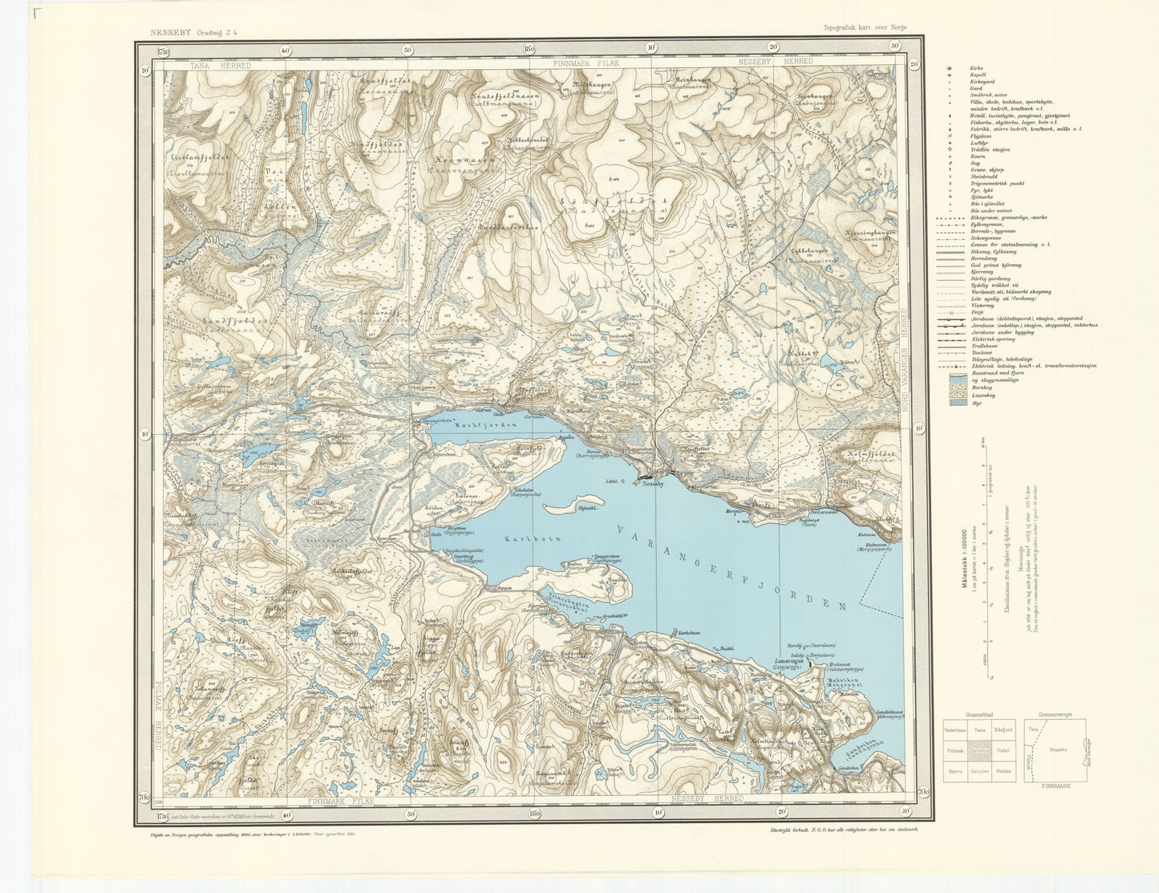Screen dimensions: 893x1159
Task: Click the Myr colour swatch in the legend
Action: pos(958,404)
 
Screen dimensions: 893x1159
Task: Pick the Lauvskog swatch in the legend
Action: pos(958,394)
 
